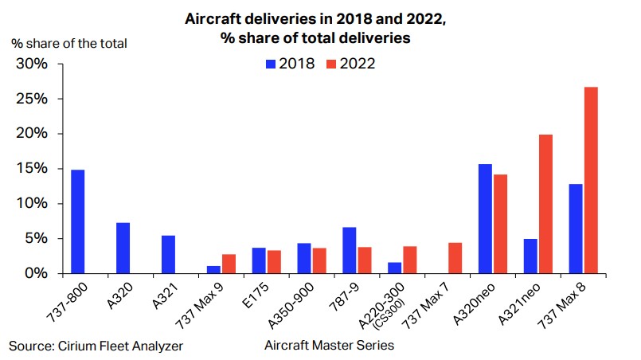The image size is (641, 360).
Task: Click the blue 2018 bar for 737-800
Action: [x=77, y=221]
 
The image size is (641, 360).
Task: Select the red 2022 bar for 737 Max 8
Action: [x=591, y=180]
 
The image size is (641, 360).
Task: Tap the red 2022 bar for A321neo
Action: [x=545, y=204]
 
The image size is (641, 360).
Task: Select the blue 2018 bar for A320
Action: [x=123, y=248]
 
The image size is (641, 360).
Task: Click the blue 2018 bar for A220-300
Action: [x=394, y=268]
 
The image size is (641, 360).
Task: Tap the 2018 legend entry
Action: [x=291, y=64]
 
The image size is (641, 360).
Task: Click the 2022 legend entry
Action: [x=351, y=64]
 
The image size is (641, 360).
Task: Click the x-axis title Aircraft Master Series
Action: [x=328, y=346]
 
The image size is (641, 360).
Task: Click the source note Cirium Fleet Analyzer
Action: [x=96, y=346]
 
